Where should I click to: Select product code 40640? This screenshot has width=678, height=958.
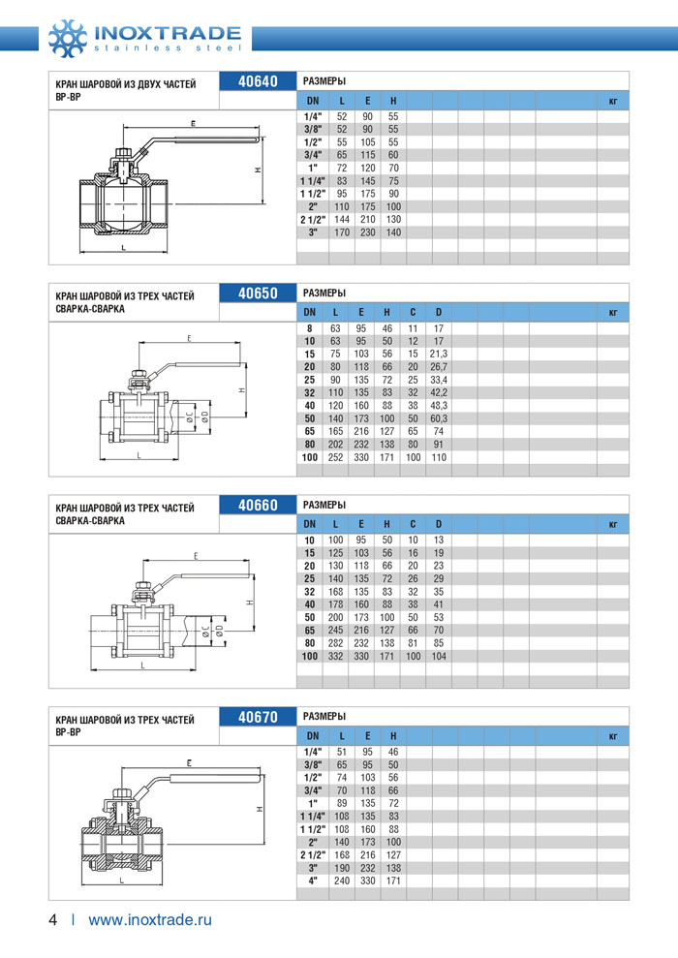tap(258, 81)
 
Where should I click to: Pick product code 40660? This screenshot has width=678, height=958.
tap(258, 505)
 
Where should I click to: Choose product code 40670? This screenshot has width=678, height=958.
tap(258, 717)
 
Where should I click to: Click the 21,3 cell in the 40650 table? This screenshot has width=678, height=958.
tap(439, 354)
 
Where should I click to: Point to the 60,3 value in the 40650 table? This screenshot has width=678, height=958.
tap(439, 417)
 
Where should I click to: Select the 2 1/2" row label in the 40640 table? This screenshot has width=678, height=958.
tap(312, 220)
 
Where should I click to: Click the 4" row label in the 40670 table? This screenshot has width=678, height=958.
tap(312, 881)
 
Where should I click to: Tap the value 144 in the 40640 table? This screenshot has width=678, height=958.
tap(342, 220)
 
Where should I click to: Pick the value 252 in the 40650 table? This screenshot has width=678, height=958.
tap(335, 456)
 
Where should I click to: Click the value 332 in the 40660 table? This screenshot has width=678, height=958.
tap(336, 657)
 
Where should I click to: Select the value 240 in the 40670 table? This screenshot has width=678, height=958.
tap(342, 881)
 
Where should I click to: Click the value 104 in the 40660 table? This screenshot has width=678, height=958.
tap(438, 657)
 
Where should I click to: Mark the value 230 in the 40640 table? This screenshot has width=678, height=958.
tap(367, 232)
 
